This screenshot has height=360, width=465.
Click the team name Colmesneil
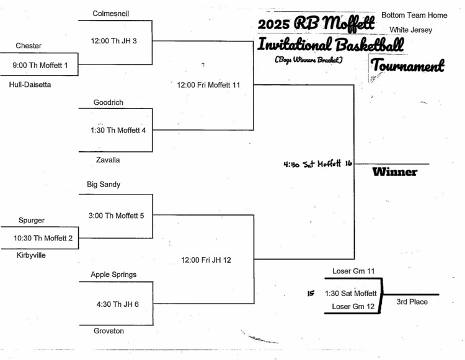(110, 14)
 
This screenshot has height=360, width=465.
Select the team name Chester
(29, 46)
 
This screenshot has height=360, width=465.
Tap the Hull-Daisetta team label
(30, 85)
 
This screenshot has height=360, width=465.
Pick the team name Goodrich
(108, 102)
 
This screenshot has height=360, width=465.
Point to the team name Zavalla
(108, 160)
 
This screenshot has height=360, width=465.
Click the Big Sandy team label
(104, 185)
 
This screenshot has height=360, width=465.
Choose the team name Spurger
(31, 220)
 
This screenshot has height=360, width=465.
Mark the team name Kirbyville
(31, 255)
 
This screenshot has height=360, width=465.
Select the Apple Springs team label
(113, 274)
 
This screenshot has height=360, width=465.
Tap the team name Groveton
(108, 331)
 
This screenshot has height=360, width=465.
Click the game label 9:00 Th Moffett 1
(40, 65)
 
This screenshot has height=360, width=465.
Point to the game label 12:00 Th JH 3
(114, 41)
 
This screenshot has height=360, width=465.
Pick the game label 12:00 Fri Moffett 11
(208, 85)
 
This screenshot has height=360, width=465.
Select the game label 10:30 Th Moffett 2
(43, 238)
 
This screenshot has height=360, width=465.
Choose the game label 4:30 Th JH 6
(118, 304)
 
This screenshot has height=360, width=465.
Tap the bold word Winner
(394, 172)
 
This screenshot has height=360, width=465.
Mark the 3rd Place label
(412, 302)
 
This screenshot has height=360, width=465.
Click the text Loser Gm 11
(353, 271)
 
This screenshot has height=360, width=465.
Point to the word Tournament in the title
(407, 65)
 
